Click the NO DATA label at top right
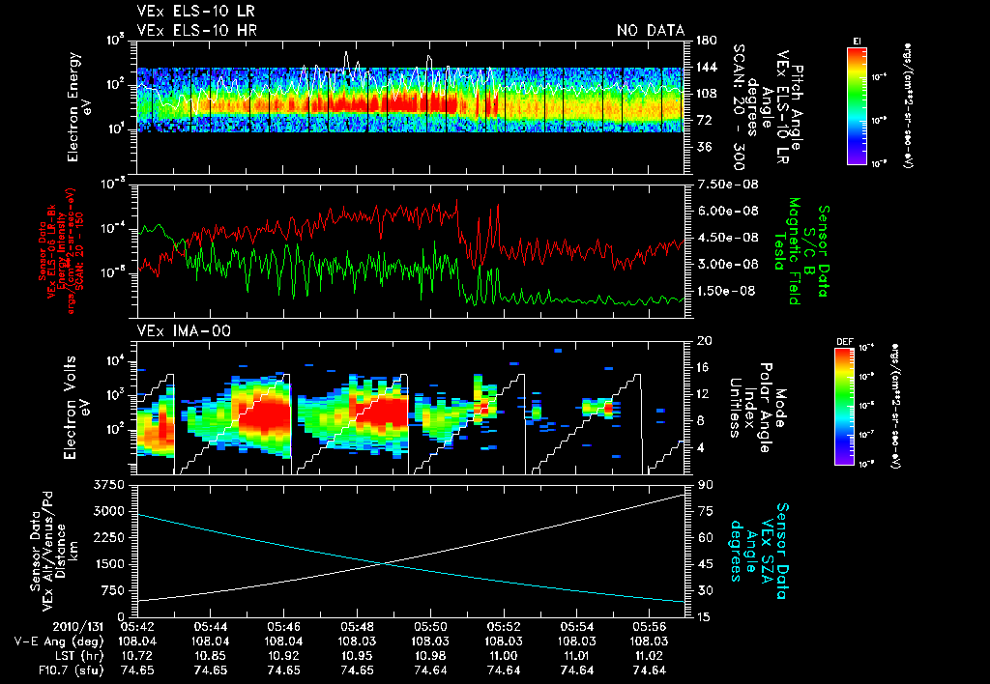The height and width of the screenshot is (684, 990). click(x=650, y=31)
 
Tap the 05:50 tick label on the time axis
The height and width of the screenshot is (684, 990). click(x=428, y=626)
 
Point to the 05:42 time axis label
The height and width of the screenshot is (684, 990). click(x=135, y=626)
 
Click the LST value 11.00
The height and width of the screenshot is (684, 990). click(x=502, y=655)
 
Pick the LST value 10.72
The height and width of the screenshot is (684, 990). click(x=135, y=655)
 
